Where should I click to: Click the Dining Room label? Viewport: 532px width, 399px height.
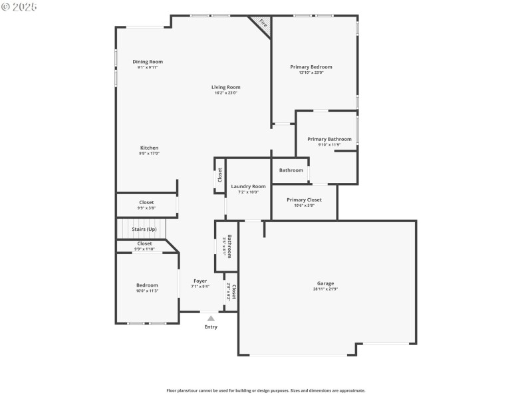click(148, 62)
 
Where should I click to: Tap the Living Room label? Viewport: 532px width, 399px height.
click(226, 87)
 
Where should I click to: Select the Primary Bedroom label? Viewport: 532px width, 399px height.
click(311, 67)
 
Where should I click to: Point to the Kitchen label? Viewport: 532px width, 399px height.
click(149, 148)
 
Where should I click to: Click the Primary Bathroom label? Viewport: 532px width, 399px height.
click(329, 139)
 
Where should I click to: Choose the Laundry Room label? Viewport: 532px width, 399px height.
click(248, 187)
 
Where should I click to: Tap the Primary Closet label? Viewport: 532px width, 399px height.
click(304, 199)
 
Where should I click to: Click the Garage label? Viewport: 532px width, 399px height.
click(325, 283)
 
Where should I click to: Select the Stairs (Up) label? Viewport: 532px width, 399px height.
click(144, 229)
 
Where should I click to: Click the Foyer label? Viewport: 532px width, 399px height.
click(200, 281)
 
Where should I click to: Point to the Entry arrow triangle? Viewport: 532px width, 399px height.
click(211, 319)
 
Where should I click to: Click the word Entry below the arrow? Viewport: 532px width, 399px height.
click(211, 327)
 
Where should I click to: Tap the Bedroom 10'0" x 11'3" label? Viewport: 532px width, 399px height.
click(147, 285)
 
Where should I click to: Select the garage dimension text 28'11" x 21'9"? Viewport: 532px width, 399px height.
click(325, 289)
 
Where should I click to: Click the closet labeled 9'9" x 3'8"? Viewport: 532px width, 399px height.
click(146, 202)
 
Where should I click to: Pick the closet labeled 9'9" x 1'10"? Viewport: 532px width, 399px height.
click(144, 243)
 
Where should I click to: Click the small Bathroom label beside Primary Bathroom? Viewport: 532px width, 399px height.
click(291, 170)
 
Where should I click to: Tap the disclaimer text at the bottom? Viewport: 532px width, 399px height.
click(265, 390)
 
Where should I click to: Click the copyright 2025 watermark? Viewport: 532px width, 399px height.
click(19, 6)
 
